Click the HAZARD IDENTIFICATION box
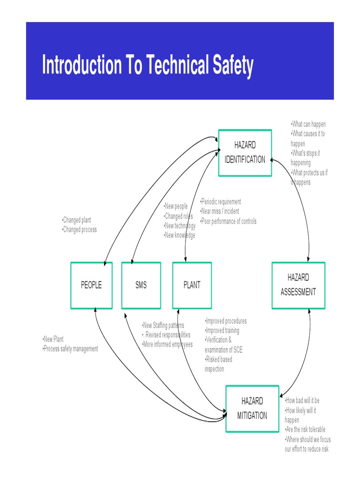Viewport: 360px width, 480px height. click(x=245, y=153)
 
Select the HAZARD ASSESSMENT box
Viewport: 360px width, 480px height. click(x=298, y=285)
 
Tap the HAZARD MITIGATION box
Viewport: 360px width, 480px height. click(x=252, y=408)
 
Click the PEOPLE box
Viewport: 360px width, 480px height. click(x=91, y=285)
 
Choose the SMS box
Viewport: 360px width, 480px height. click(x=141, y=285)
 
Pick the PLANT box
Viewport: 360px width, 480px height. click(x=192, y=285)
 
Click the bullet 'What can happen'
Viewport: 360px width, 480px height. click(x=308, y=124)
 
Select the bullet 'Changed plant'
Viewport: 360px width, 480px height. click(x=77, y=220)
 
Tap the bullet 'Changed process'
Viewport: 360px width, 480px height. click(x=80, y=230)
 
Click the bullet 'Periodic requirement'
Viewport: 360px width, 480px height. click(x=221, y=202)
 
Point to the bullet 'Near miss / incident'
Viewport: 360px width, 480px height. click(x=220, y=211)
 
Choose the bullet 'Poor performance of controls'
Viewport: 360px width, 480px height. click(x=229, y=221)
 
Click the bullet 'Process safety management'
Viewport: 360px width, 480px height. click(x=71, y=349)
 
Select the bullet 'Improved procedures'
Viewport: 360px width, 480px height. click(x=226, y=321)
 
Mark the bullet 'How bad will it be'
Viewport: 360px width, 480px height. click(x=302, y=401)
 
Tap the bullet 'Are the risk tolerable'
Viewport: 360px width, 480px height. click(x=305, y=429)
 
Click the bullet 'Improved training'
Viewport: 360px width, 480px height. click(x=222, y=331)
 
